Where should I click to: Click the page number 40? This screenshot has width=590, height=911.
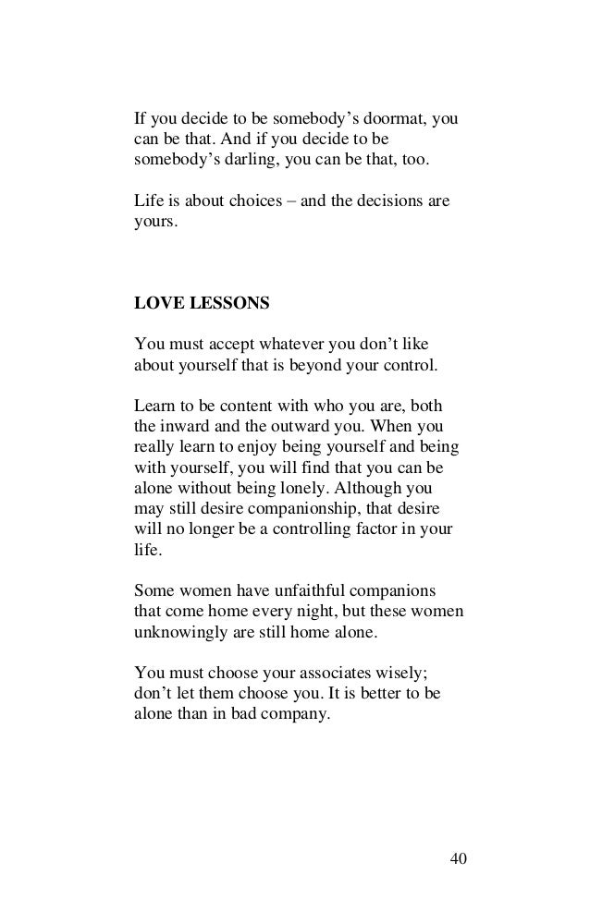(458, 858)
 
